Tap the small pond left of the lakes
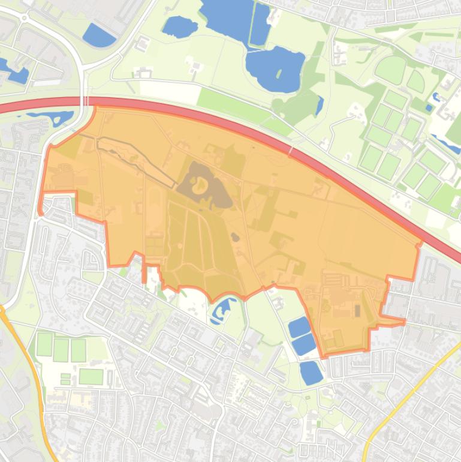179,26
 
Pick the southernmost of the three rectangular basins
311,372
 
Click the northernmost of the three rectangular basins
299,327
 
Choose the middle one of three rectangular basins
304,344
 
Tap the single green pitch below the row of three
91,376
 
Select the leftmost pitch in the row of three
44,344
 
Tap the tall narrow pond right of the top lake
260,24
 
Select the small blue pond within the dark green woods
320,106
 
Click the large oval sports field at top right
390,69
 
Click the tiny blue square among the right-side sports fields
428,108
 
